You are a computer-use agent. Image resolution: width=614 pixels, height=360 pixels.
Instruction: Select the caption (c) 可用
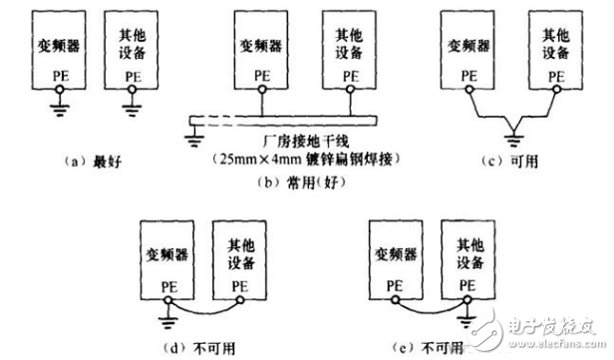pyautogui.click(x=513, y=161)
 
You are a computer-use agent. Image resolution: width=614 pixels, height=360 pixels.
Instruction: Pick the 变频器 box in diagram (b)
pyautogui.click(x=261, y=55)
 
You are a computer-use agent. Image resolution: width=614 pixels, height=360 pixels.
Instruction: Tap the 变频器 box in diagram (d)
pyautogui.click(x=166, y=258)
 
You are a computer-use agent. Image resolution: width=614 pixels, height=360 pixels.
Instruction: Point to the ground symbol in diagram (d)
pyautogui.click(x=167, y=320)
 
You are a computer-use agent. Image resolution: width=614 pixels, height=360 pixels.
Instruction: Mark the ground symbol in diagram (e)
pyautogui.click(x=466, y=320)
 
